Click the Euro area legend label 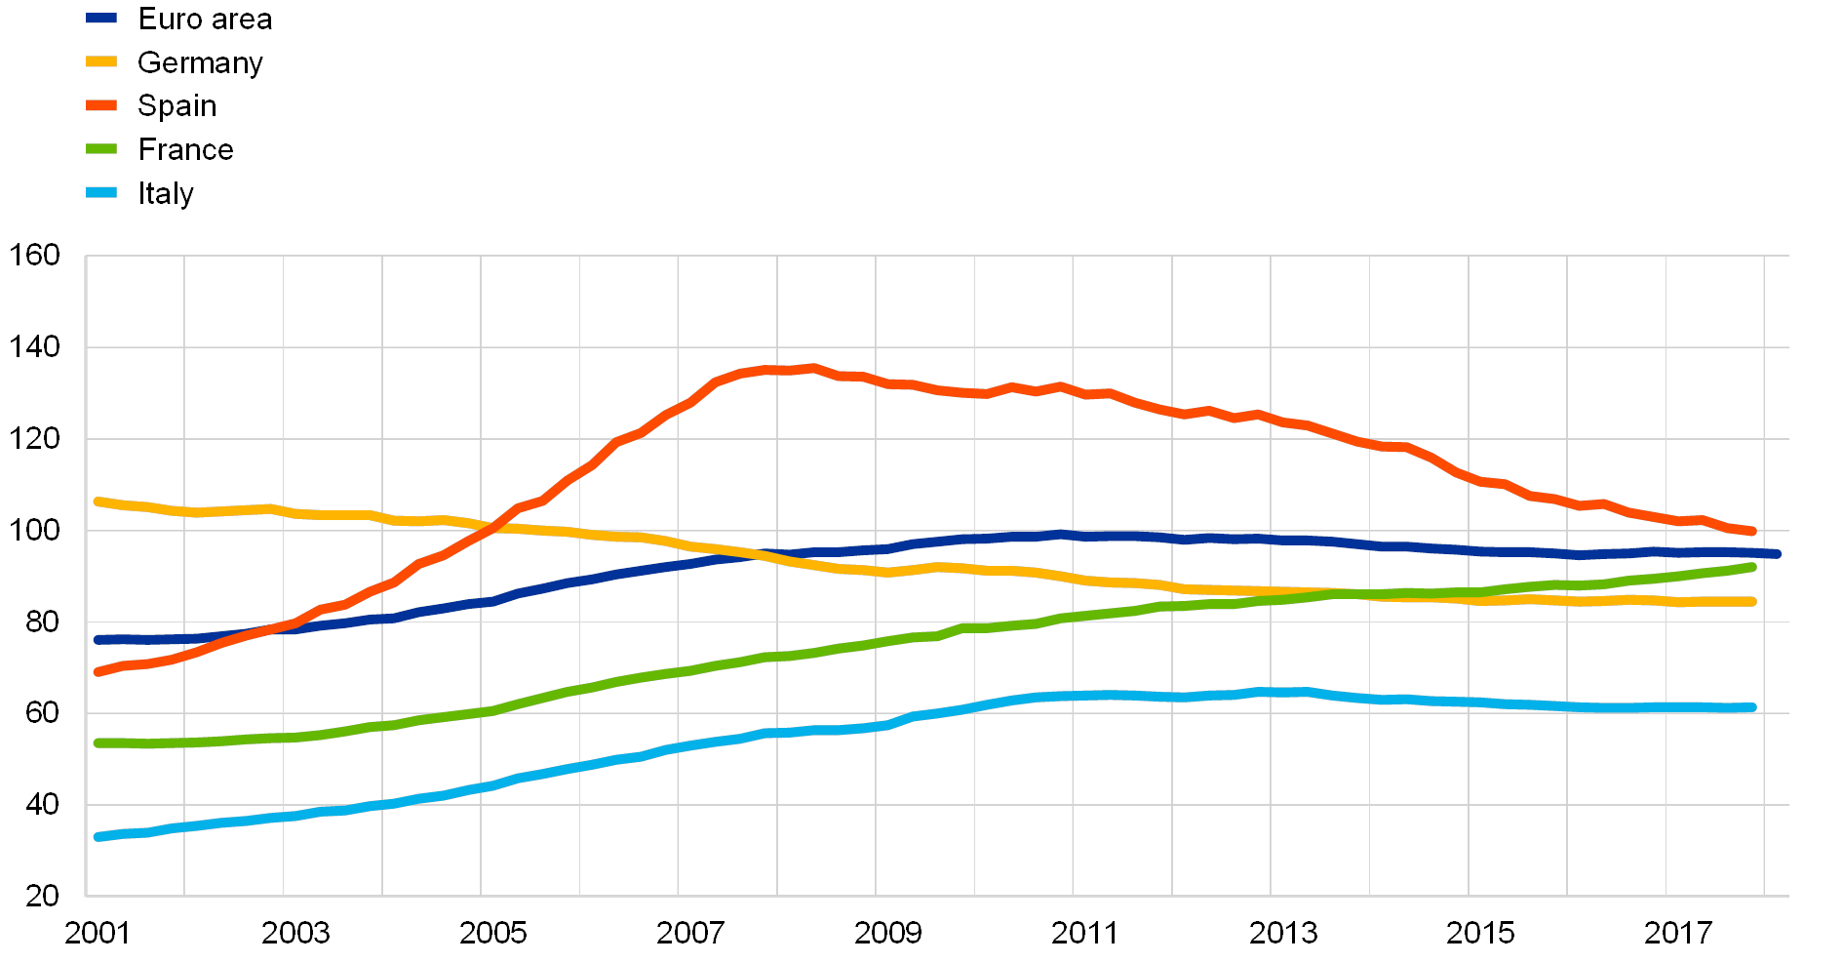[x=205, y=19]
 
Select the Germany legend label [x=200, y=62]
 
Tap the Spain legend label [x=176, y=105]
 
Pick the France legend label [x=185, y=149]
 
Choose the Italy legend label [x=168, y=193]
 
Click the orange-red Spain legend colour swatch [x=101, y=105]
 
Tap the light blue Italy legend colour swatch [x=101, y=193]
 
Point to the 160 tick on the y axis [x=35, y=256]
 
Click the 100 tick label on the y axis [x=35, y=530]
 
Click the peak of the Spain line [x=812, y=368]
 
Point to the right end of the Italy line [x=1752, y=707]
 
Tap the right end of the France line [x=1752, y=567]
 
